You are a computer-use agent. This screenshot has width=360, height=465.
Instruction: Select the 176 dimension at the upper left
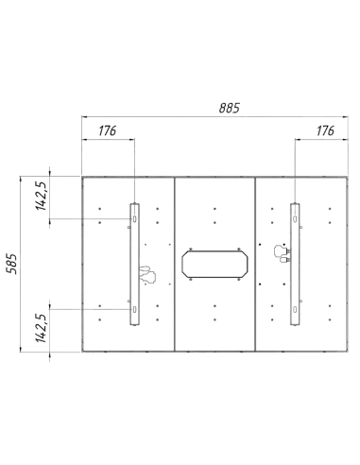107,130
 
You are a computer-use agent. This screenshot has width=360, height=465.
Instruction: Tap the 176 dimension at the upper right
327,129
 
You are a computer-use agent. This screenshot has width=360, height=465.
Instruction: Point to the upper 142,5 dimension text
41,197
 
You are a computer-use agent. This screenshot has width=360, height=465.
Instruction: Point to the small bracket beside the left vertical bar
145,275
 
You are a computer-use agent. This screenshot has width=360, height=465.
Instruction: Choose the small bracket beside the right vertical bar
280,252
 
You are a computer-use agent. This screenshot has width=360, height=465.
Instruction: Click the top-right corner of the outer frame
347,177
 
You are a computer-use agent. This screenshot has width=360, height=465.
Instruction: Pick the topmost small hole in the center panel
215,207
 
